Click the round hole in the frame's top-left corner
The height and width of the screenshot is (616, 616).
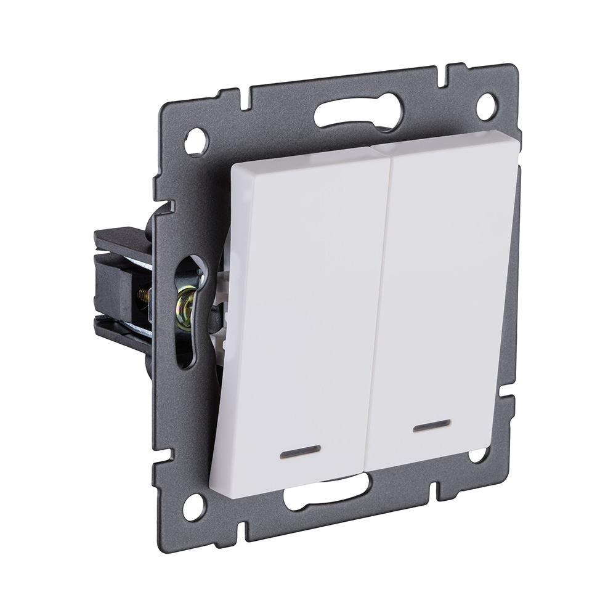pos(196,142)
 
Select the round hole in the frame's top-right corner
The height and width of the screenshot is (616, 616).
pos(486,107)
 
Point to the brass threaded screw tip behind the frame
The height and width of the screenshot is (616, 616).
pos(143,295)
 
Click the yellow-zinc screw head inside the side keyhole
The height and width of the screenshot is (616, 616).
pos(185,302)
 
